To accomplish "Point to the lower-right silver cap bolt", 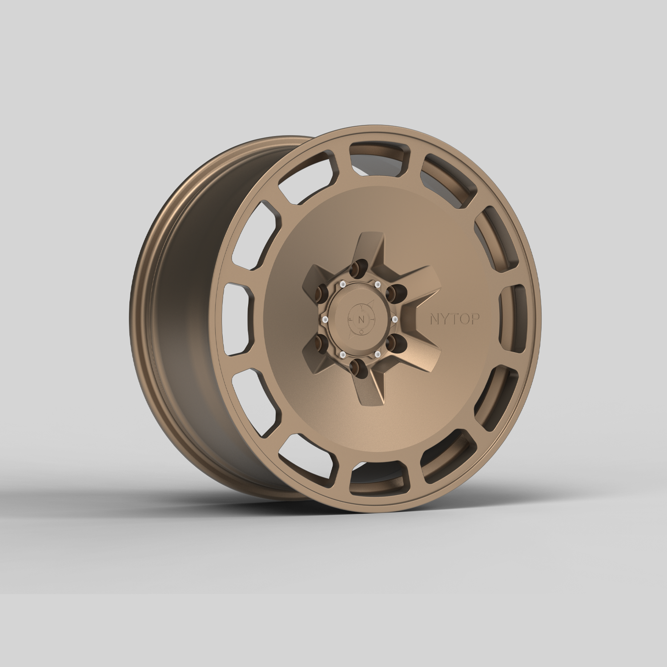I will (378, 354).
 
